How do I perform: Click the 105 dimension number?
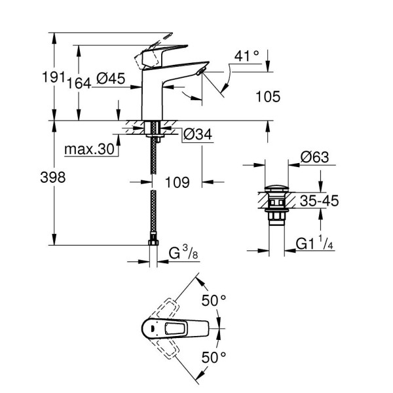pyautogui.click(x=267, y=97)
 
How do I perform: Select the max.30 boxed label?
pyautogui.click(x=90, y=150)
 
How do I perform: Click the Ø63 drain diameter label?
pyautogui.click(x=316, y=157)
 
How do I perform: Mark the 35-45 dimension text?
pyautogui.click(x=318, y=202)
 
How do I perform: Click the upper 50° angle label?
pyautogui.click(x=214, y=300)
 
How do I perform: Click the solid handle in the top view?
pyautogui.click(x=172, y=327)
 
